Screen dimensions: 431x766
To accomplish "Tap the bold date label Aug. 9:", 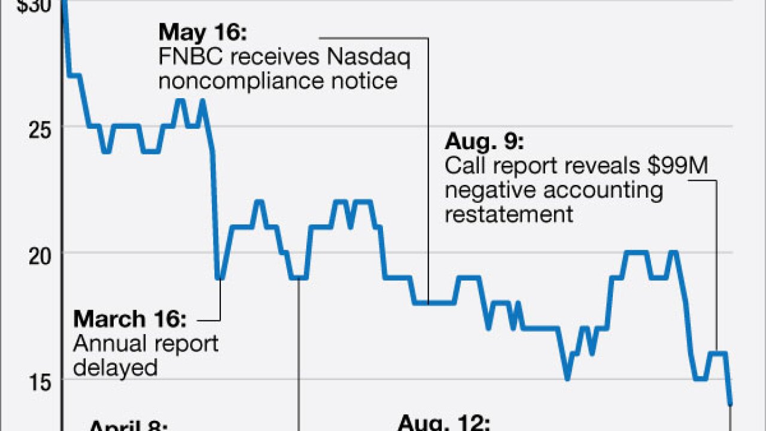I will (484, 143).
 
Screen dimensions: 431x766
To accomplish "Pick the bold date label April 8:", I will (129, 426).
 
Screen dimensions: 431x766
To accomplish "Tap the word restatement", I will (509, 214).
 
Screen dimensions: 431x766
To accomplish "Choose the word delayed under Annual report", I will (115, 366).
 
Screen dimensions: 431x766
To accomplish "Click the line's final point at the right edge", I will (730, 405).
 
